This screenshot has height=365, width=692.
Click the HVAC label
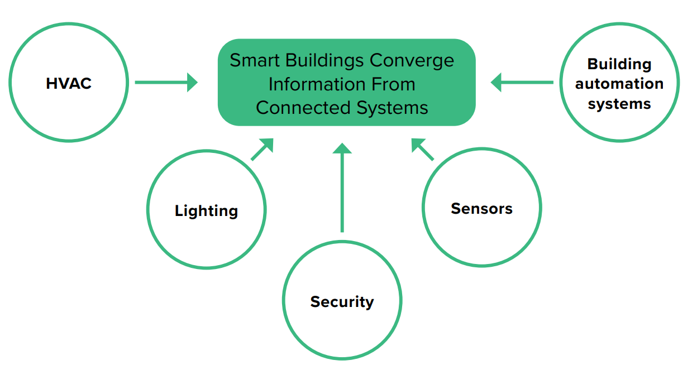[x=69, y=84]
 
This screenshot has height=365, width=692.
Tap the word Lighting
[x=206, y=211]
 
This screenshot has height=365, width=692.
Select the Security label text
[x=342, y=302]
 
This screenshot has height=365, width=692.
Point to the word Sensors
[x=481, y=209]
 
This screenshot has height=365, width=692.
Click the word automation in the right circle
[x=619, y=84]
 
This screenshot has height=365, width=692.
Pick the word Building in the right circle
[x=619, y=64]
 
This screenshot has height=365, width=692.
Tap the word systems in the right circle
[x=619, y=104]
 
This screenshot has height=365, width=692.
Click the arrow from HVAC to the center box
[x=166, y=83]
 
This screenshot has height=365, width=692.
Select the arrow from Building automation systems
[x=522, y=83]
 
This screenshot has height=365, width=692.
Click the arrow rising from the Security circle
[x=342, y=190]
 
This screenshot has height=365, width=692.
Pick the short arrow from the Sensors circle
[x=422, y=149]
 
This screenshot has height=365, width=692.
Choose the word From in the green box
[x=393, y=84]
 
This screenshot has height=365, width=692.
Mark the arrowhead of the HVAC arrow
[x=192, y=83]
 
